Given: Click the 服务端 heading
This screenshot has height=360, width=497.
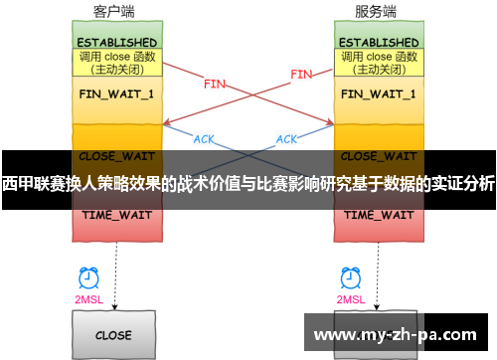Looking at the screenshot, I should pos(376,12).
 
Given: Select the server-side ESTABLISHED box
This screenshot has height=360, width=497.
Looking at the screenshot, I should pos(379,43).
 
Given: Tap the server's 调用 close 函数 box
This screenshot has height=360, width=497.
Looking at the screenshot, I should pos(379,64).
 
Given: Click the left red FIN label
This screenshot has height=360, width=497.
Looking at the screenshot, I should pos(214,85).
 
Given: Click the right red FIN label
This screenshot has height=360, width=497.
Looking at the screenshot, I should pos(301,74).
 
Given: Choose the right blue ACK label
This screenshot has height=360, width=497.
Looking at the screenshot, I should pos(286,138).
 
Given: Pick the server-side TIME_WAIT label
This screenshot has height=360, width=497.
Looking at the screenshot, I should pos(379,214).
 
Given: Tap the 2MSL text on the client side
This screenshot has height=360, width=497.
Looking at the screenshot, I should pos(88,298).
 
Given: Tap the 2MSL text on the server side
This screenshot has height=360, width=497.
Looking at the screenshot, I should pos(350,298).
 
